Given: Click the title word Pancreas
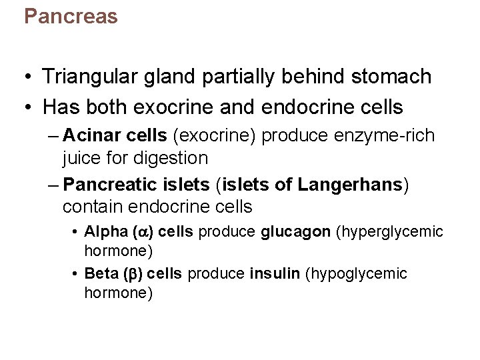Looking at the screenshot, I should click(71, 16).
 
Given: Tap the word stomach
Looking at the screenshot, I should click(393, 77).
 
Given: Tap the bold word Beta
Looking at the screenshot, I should click(101, 273).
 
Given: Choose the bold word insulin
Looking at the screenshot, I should click(275, 273).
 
